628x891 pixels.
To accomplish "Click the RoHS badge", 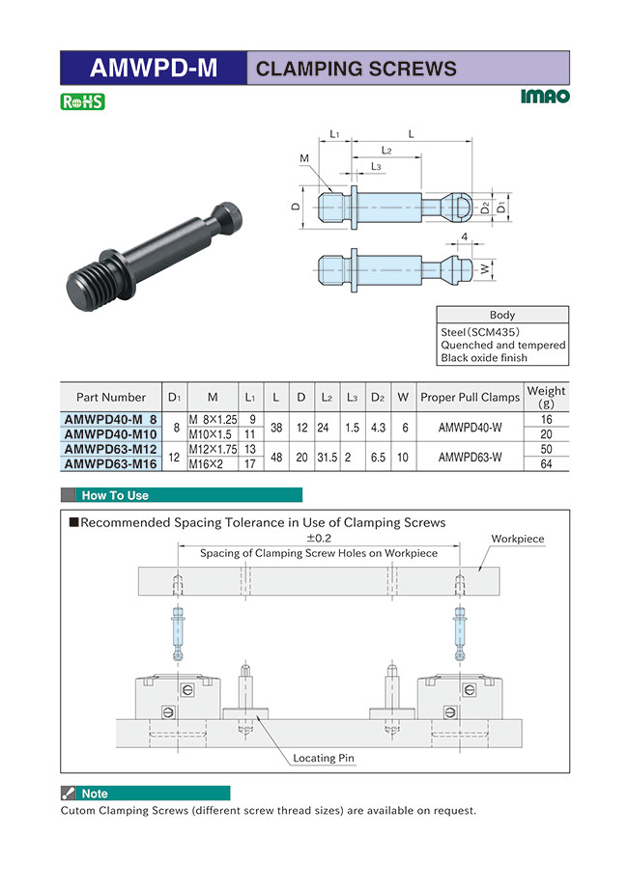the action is click(x=82, y=101).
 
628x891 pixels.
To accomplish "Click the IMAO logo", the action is click(x=544, y=97).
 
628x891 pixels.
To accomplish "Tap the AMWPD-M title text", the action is click(x=154, y=69).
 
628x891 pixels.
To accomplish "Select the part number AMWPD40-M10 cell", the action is click(x=110, y=434).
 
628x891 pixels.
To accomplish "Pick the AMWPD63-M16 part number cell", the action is click(x=110, y=463).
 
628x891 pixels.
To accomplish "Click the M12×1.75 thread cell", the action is click(x=213, y=449).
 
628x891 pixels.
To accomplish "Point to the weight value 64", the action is click(x=546, y=463).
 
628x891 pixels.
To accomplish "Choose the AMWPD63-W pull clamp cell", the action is click(x=470, y=457).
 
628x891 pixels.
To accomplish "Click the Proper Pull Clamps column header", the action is click(x=470, y=397).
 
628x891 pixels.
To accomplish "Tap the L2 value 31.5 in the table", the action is click(x=328, y=458).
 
